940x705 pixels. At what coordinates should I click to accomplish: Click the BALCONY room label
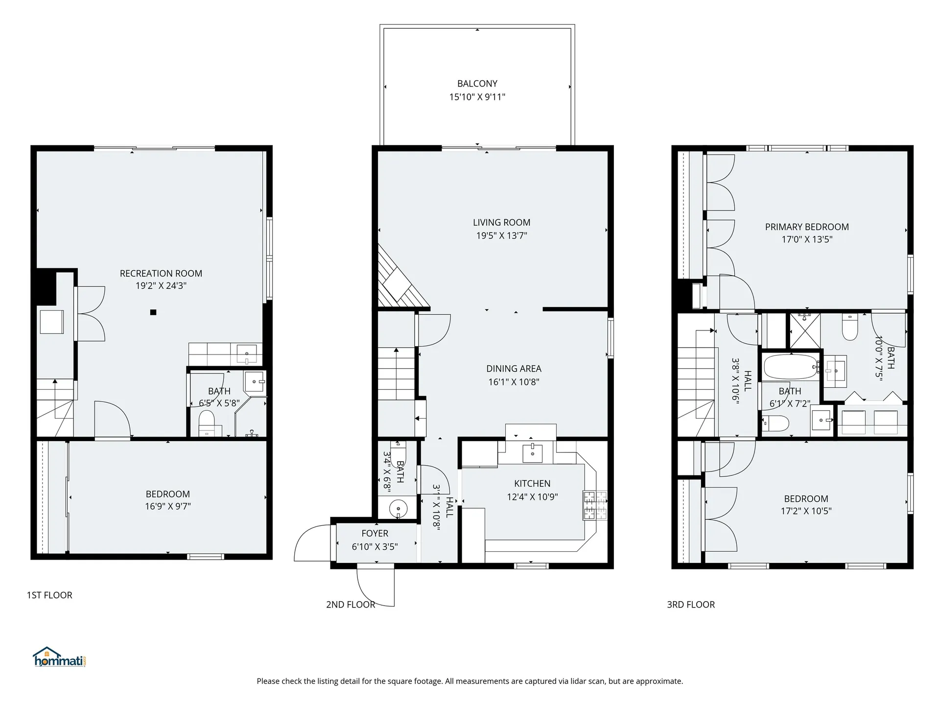477,84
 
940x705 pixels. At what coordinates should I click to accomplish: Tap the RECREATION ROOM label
161,273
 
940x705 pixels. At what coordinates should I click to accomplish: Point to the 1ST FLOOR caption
49,595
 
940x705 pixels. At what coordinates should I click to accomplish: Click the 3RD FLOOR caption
691,605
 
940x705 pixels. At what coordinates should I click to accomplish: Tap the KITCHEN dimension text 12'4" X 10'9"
532,497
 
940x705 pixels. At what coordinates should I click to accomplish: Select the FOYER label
375,534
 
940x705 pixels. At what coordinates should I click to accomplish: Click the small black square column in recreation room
153,312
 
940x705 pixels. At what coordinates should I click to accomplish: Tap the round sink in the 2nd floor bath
399,509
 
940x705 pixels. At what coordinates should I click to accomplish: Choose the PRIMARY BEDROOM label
807,227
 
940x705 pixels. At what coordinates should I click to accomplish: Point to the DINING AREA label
514,369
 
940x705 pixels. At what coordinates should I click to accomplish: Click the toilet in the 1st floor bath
207,423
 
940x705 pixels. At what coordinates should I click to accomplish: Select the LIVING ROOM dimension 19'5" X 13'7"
502,235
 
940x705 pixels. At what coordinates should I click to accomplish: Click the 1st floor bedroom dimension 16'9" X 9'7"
168,507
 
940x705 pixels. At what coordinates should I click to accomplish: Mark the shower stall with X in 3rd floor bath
805,331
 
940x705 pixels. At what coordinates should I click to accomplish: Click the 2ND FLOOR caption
351,605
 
